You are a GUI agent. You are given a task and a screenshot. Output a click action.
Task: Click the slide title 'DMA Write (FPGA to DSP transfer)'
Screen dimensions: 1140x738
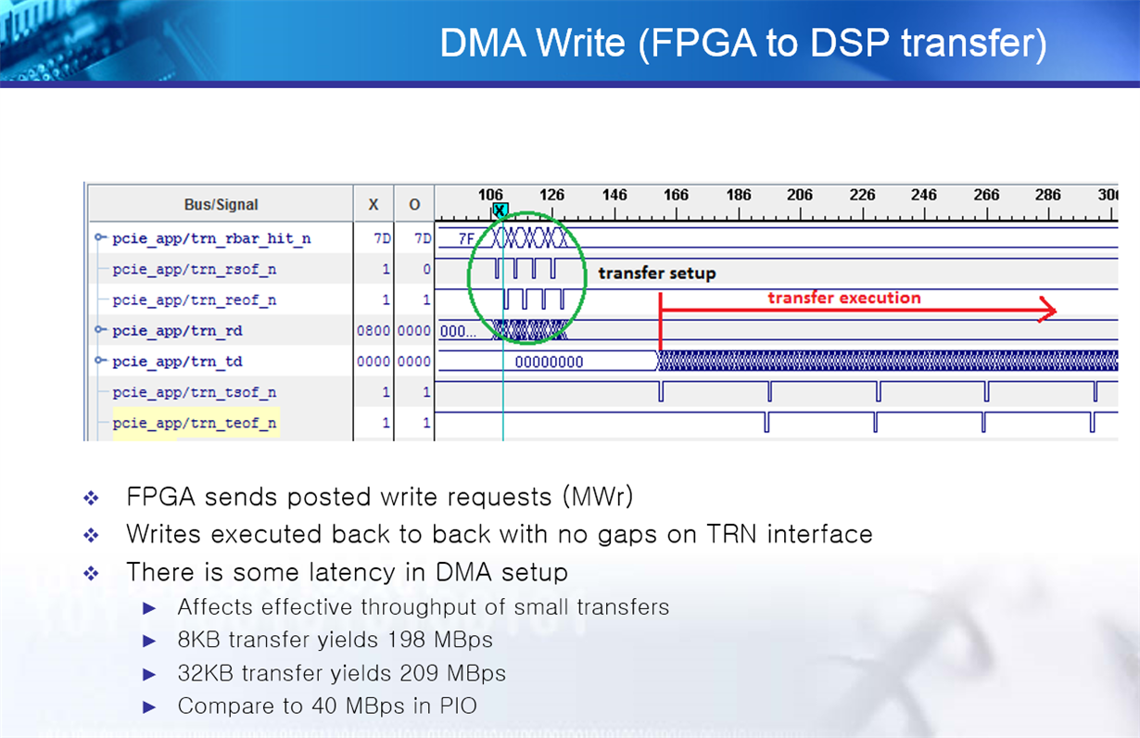click(743, 43)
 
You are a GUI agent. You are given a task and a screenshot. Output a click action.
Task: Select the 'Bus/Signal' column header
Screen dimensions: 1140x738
click(221, 205)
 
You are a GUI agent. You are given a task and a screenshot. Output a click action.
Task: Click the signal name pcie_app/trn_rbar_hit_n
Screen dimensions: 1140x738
click(211, 238)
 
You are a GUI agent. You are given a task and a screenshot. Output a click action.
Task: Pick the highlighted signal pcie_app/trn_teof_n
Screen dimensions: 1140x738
click(195, 423)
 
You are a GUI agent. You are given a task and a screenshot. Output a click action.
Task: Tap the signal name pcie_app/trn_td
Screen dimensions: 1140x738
click(177, 362)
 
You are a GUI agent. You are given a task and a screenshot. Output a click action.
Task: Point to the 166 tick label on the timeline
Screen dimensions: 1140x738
click(676, 195)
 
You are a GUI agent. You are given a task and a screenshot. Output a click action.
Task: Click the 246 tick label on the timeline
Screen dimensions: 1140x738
click(923, 195)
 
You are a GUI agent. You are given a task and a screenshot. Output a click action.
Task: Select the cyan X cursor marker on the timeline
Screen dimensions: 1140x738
click(500, 210)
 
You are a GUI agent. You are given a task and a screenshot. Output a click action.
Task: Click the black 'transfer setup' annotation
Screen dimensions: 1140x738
click(657, 274)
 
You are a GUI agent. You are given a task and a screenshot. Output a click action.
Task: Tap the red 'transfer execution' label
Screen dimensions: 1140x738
click(844, 298)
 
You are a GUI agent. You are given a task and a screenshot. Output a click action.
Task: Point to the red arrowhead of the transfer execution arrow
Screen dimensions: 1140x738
click(1049, 310)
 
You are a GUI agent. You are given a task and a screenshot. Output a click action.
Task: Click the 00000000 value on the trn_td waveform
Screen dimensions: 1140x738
click(549, 362)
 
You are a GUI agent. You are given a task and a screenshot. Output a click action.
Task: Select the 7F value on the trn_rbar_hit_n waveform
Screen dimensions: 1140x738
click(466, 238)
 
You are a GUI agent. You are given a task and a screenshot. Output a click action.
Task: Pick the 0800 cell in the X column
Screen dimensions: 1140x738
click(373, 331)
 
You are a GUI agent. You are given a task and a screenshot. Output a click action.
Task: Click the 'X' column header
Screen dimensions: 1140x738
click(374, 205)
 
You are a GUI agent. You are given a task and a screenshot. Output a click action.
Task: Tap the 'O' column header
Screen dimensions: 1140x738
click(414, 205)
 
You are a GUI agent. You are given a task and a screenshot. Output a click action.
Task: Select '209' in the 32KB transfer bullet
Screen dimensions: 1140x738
click(419, 673)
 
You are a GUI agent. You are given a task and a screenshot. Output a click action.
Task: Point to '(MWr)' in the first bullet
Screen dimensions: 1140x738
click(599, 497)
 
